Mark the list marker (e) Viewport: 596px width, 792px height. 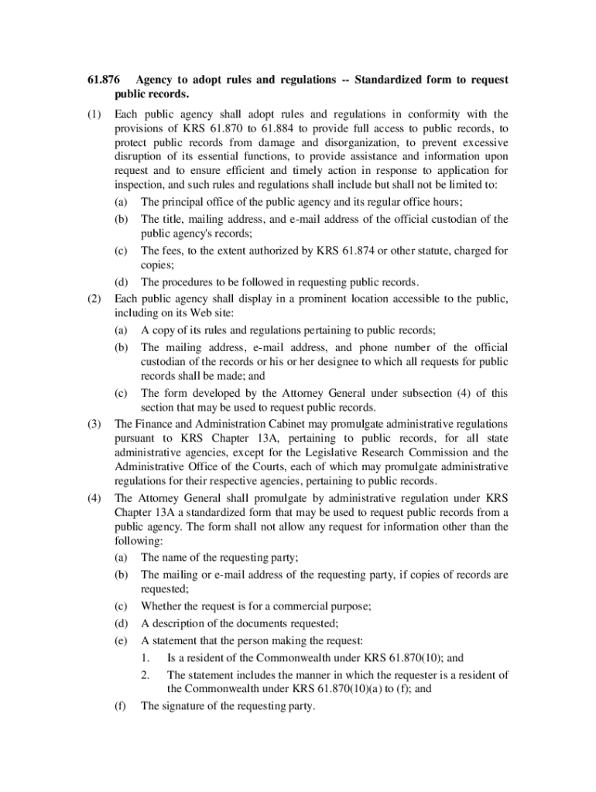coord(121,640)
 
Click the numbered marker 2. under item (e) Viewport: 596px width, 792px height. coord(146,674)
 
